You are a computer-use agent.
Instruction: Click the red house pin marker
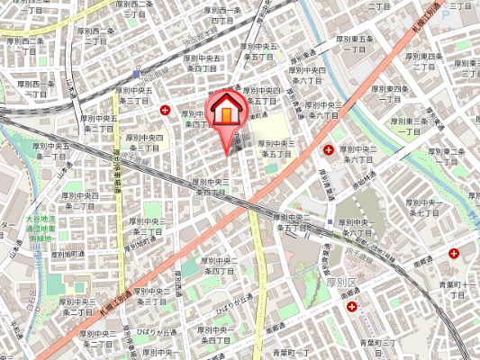click(x=226, y=109)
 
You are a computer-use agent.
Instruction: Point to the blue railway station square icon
click(x=136, y=73)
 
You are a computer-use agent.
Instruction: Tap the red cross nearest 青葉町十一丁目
click(x=465, y=253)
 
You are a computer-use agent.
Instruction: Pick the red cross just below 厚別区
click(x=350, y=305)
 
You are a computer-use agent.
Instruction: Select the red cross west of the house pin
click(x=165, y=110)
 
